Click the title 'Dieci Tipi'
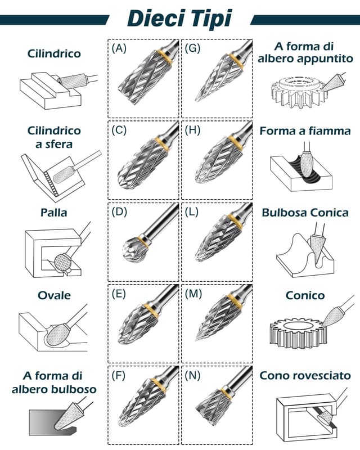point(179,18)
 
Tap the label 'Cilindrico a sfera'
point(54,137)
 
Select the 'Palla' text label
point(54,213)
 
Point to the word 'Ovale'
point(54,295)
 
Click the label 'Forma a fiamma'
point(305,131)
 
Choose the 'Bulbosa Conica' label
point(305,213)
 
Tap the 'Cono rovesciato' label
point(305,375)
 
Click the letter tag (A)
point(119,48)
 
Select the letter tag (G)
point(192,48)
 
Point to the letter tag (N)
point(192,374)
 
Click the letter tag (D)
point(119,211)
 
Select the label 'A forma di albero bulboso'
point(54,382)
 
